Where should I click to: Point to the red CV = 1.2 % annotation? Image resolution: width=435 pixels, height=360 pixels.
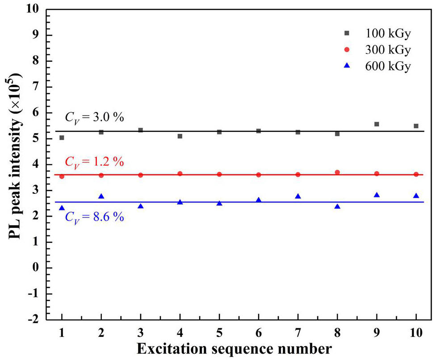[94, 161]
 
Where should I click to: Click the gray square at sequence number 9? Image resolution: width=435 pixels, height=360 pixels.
[376, 124]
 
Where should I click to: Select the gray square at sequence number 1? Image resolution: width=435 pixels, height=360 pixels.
[62, 138]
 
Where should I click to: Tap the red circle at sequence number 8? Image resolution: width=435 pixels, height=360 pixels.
[337, 172]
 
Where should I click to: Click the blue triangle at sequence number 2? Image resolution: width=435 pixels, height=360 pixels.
[101, 197]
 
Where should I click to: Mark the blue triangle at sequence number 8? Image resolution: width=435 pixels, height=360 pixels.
[337, 206]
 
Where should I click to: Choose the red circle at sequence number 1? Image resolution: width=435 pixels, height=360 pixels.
[62, 176]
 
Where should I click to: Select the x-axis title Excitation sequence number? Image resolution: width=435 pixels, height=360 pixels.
[234, 348]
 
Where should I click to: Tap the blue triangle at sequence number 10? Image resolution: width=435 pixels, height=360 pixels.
[416, 196]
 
